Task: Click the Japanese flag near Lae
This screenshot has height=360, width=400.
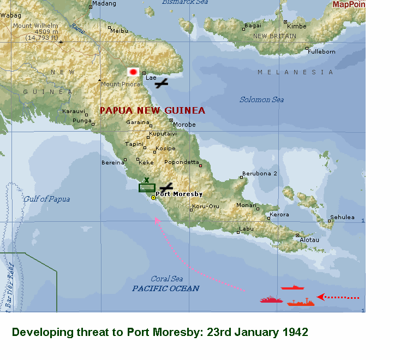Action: click(133, 72)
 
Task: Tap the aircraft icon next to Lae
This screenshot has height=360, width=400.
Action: click(161, 84)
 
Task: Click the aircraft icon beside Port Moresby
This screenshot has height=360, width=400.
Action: click(166, 187)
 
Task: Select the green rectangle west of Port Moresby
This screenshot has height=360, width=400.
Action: click(147, 188)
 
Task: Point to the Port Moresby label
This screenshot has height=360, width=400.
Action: click(180, 194)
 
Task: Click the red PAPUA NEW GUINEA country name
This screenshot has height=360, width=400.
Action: click(152, 110)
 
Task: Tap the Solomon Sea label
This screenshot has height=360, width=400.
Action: click(262, 99)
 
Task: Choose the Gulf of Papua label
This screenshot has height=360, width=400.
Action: click(46, 199)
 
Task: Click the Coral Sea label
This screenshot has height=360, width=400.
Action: click(167, 279)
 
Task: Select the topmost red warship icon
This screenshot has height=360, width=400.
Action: click(292, 287)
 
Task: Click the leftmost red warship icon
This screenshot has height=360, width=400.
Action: click(271, 300)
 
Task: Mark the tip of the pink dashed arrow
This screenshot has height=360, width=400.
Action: click(156, 219)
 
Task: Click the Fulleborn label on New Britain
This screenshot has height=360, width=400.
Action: click(321, 51)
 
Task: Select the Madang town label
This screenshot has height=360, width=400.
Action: click(104, 4)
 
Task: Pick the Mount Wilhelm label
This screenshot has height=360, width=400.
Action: click(35, 26)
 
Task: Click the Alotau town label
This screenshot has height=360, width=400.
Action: click(309, 240)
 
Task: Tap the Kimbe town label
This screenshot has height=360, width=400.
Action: click(296, 26)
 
